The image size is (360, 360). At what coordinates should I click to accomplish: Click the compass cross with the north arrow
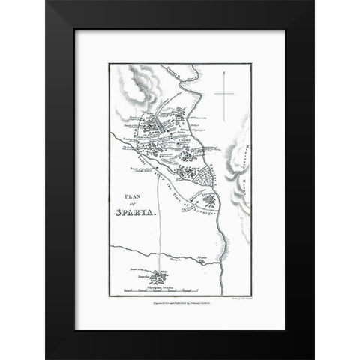coord(226,94)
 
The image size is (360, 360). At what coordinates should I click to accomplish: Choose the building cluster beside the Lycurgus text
coord(210,201)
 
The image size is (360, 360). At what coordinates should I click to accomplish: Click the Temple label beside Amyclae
coord(140,271)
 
